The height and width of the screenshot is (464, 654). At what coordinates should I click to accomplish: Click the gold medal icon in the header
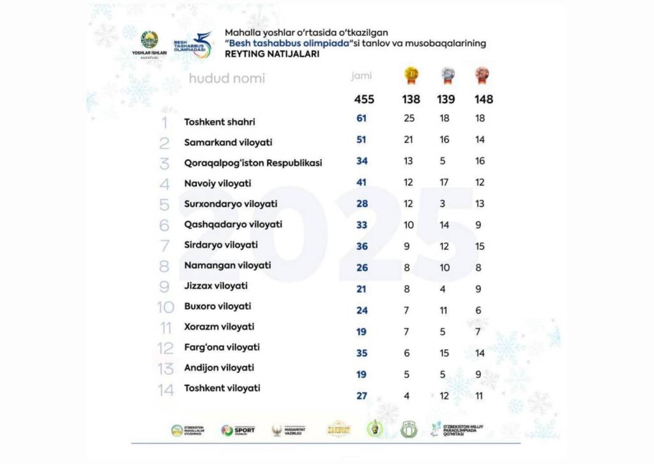(411, 76)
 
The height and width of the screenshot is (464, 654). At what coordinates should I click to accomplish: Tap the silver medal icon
(447, 76)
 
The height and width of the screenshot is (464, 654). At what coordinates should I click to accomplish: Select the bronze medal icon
(482, 76)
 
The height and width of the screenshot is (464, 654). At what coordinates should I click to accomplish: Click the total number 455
(364, 99)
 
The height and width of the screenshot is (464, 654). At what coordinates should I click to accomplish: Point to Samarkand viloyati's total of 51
(362, 139)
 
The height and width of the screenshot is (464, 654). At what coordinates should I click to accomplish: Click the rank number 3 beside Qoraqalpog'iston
(165, 164)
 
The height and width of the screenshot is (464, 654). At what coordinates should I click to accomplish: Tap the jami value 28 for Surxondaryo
(362, 203)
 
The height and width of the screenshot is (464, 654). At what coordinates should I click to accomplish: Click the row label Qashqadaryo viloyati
(233, 224)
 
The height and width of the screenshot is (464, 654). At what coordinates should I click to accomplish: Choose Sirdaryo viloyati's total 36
(362, 246)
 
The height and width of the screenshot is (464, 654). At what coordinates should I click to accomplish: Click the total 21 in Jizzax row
(362, 288)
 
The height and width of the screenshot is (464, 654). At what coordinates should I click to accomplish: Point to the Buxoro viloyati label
(217, 306)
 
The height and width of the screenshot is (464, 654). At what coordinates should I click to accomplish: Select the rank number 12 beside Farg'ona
(165, 348)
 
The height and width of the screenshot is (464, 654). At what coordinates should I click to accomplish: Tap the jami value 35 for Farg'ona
(362, 353)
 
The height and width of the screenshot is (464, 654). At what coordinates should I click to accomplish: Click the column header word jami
(361, 76)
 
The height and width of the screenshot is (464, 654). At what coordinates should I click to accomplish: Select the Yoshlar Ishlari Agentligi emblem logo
(149, 41)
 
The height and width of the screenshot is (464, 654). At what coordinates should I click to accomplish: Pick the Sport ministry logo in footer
(238, 430)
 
